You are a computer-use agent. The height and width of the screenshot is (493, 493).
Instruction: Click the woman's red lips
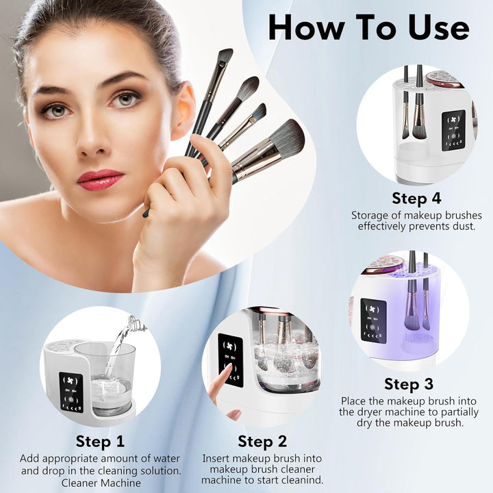click(100, 179)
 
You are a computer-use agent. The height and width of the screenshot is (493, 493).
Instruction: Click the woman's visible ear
click(182, 110)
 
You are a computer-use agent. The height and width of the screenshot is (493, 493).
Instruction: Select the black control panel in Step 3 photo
click(373, 320)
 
